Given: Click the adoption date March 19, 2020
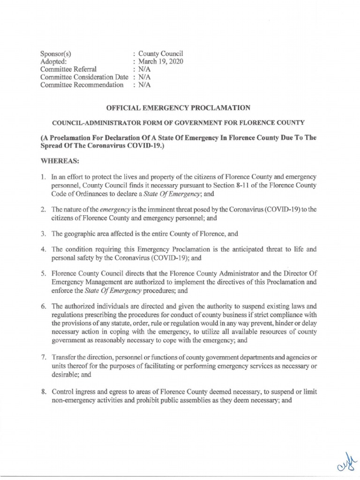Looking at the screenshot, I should click(x=161, y=61).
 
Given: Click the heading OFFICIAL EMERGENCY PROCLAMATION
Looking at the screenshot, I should click(x=180, y=107).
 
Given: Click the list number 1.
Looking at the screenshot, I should click(x=43, y=178).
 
